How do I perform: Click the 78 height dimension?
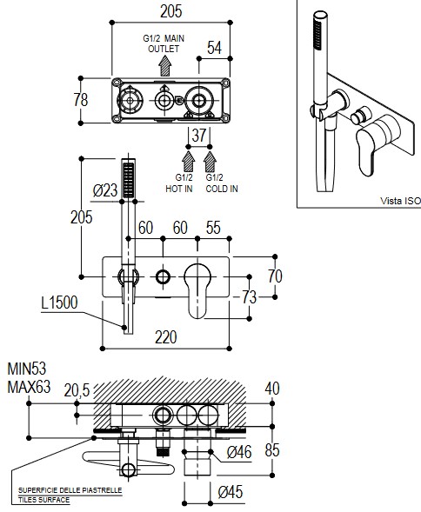point(81,100)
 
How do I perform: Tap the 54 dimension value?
point(214,48)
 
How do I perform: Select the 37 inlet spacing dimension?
point(199,136)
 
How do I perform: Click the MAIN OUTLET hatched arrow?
point(165,66)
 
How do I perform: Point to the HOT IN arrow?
point(188,162)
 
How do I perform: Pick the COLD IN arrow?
point(210,162)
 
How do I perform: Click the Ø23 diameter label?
point(105,190)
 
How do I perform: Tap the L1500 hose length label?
point(59,303)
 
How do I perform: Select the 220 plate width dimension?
point(166,337)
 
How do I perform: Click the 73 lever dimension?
point(249,297)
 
